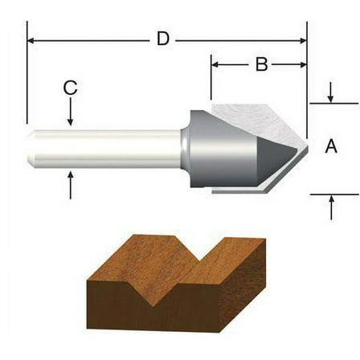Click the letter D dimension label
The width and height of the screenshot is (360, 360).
pos(163,39)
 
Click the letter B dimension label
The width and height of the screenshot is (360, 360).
pos(261,65)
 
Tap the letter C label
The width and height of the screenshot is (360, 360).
pos(71,88)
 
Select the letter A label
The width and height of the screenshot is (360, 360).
pos(330,146)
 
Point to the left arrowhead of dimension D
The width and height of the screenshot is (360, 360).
pos(32,39)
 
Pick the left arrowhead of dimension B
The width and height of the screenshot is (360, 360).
pos(216,65)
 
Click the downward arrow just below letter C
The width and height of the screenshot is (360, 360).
pos(71,120)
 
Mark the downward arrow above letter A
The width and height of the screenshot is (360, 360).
pos(330,97)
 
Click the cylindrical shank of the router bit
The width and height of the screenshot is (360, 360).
pos(104,148)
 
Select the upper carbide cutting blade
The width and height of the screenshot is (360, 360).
pos(257,113)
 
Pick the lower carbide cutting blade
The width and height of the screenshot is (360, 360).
pos(257,186)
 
